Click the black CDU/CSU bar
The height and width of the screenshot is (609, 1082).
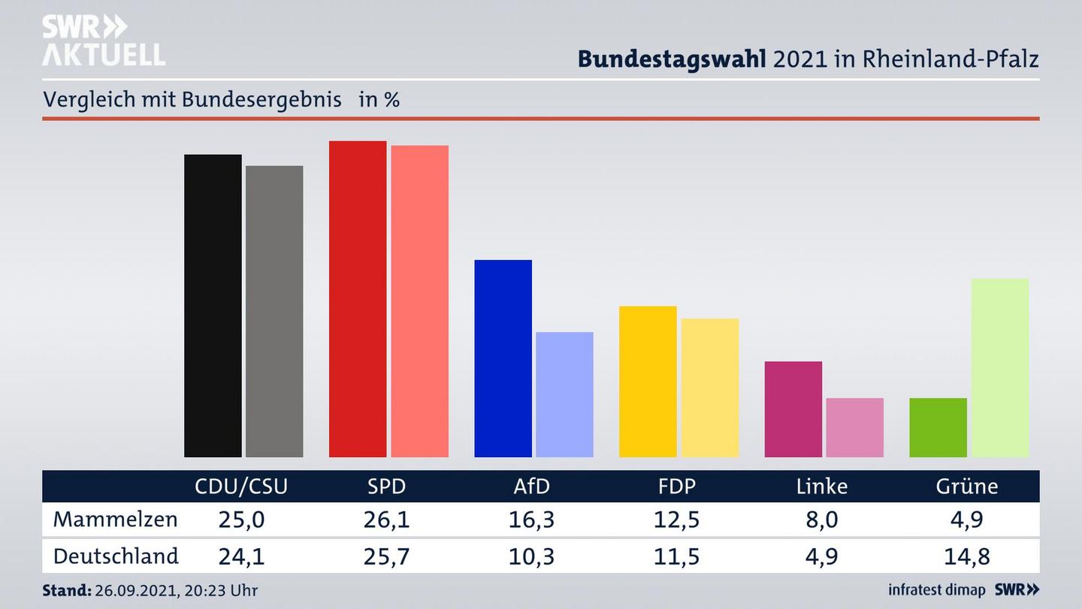tap(213, 305)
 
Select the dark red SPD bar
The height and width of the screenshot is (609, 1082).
tap(358, 298)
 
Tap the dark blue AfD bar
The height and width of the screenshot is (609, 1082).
tap(503, 358)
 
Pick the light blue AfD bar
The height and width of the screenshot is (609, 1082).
tap(564, 394)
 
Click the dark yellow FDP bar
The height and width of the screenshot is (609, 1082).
tap(648, 381)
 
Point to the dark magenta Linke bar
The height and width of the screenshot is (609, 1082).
tap(793, 409)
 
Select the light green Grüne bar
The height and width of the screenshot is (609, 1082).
tap(999, 368)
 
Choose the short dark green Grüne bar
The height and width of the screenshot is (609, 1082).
tap(938, 427)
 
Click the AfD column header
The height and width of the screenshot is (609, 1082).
tap(531, 486)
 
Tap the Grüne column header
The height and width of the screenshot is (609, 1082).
tap(966, 486)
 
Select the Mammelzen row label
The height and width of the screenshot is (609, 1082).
tap(115, 520)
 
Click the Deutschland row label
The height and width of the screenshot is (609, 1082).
tap(116, 556)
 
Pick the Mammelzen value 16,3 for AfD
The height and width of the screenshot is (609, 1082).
tap(531, 520)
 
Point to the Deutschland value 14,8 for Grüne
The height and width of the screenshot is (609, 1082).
tap(966, 556)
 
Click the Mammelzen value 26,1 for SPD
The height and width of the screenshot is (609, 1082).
tap(386, 520)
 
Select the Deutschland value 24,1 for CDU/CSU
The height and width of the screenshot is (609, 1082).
tap(241, 556)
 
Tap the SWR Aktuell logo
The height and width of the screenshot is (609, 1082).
tap(103, 41)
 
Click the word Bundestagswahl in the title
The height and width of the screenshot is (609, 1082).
tap(672, 59)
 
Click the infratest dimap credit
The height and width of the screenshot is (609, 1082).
tap(936, 590)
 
